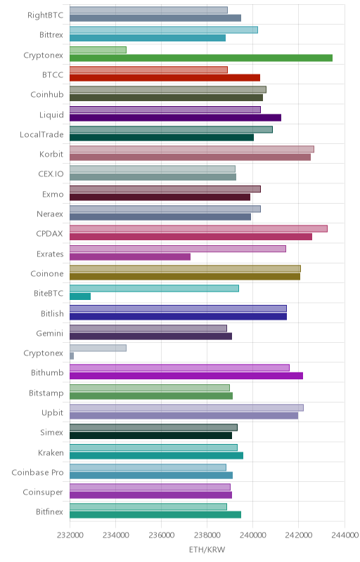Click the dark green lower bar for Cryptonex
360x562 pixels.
coord(201,58)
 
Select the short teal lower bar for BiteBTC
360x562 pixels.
coord(80,296)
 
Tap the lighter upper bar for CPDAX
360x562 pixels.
coord(198,229)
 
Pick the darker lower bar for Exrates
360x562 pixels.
coord(130,256)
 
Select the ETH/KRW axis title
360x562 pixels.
coord(207,549)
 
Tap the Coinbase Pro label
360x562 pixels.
coord(37,472)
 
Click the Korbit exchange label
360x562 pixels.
coord(51,154)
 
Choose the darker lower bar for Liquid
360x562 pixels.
coord(175,117)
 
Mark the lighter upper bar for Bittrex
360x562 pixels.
coord(164,30)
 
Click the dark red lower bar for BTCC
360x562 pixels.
coord(165,78)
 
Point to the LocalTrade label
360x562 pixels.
coord(41,134)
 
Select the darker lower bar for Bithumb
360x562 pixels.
coord(186,376)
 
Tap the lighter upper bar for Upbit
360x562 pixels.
coord(186,407)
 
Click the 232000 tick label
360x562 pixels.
coord(70,535)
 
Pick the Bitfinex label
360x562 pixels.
coord(49,512)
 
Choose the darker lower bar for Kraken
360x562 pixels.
coord(156,455)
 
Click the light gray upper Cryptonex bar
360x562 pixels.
coord(98,348)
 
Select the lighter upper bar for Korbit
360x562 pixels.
coord(192,149)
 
